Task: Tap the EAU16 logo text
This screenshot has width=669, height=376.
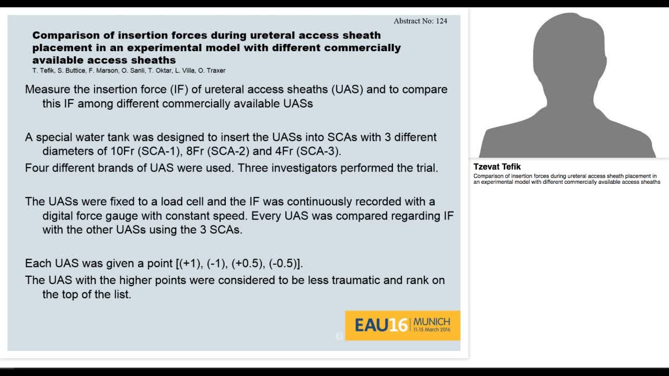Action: pyautogui.click(x=381, y=325)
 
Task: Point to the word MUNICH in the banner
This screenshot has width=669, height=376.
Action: pyautogui.click(x=432, y=321)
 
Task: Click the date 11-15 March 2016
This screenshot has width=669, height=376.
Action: pyautogui.click(x=432, y=330)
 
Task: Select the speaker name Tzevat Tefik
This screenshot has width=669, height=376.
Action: pyautogui.click(x=497, y=167)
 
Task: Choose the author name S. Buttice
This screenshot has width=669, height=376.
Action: pyautogui.click(x=70, y=70)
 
